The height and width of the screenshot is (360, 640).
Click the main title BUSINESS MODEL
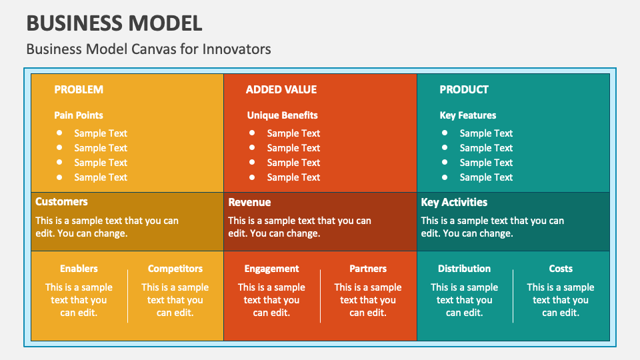[x=114, y=23]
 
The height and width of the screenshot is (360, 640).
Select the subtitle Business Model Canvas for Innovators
[x=148, y=49]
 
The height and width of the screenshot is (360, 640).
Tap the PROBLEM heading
[x=79, y=89]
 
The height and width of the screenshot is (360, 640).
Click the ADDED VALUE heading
[x=281, y=89]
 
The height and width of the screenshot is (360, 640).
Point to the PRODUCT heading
[x=464, y=89]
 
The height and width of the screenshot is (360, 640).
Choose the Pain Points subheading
[x=79, y=115]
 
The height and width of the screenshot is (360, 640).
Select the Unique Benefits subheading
[x=282, y=115]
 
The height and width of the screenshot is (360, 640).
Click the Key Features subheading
[x=468, y=115]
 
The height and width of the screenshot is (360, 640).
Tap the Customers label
[x=61, y=201]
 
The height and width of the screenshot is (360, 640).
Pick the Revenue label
[x=249, y=202]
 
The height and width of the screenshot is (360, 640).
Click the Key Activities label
[x=454, y=202]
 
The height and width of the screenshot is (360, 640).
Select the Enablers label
[x=79, y=269]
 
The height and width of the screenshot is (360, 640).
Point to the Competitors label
[x=175, y=269]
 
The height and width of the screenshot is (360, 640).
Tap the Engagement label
[x=271, y=269]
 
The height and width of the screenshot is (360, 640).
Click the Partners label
[x=368, y=269]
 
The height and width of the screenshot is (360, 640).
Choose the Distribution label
[x=464, y=269]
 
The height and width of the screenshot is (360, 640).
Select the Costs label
[x=561, y=269]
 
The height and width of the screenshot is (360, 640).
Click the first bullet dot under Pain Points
[x=60, y=133]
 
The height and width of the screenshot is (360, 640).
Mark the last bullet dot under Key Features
[x=445, y=177]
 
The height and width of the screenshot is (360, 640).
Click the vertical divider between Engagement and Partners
[x=321, y=295]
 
